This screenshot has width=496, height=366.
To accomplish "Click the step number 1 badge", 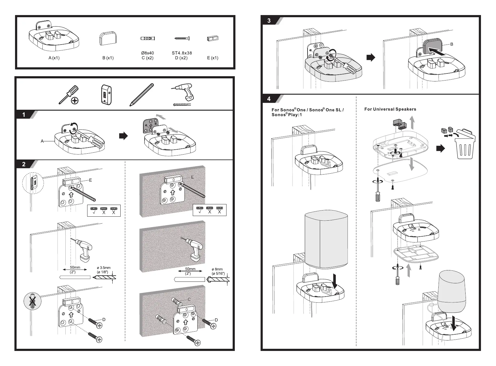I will [x=24, y=115].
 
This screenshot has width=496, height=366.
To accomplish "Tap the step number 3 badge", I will [x=269, y=21].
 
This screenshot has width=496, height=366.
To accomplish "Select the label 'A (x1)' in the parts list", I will [x=54, y=58].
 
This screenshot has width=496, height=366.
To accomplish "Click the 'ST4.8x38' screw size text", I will [x=182, y=53].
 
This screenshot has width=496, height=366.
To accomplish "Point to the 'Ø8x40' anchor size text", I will [x=147, y=53].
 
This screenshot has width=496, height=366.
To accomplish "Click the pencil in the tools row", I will [x=141, y=94].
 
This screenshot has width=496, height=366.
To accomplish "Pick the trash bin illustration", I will [x=465, y=147].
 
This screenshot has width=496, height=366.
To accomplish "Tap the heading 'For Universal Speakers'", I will [x=390, y=109].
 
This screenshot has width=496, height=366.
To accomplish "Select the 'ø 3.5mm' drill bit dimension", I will [x=104, y=268].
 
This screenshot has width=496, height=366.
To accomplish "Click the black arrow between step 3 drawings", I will [x=371, y=57].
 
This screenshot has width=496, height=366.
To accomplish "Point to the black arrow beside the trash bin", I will [x=440, y=149].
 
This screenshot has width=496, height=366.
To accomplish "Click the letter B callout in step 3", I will [x=451, y=44].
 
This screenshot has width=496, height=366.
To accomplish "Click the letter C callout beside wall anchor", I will [x=189, y=299].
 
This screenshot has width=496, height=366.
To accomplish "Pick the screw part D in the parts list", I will [x=182, y=39].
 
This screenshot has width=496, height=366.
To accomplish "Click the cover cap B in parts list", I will [x=108, y=38].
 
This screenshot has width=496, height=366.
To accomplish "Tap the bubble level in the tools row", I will [x=106, y=95].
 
